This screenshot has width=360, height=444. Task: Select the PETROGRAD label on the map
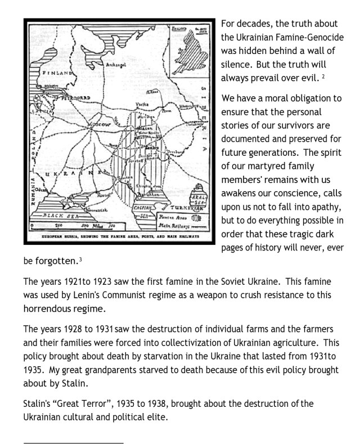click(x=58, y=97)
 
